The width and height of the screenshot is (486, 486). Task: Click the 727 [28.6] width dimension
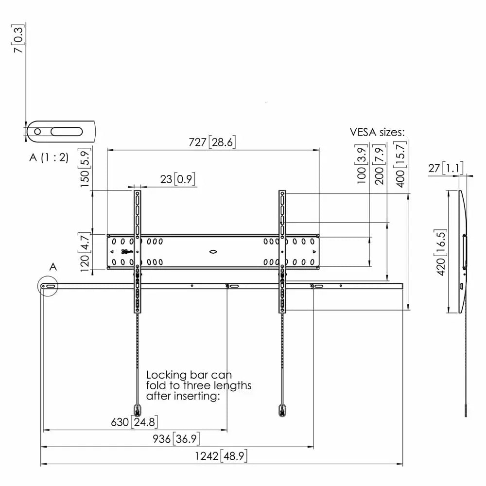212,142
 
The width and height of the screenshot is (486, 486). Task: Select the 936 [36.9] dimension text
175,439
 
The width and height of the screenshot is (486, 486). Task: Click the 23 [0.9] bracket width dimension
177,179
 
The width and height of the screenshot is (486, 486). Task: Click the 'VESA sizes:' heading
377,132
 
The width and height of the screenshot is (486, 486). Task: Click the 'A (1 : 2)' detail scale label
49,157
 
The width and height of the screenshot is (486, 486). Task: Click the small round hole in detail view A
37,131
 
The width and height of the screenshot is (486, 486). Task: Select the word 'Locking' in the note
166,375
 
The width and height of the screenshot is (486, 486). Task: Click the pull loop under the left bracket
138,409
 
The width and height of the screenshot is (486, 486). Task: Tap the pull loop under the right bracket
282,409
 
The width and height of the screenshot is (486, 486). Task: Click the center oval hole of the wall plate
213,252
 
